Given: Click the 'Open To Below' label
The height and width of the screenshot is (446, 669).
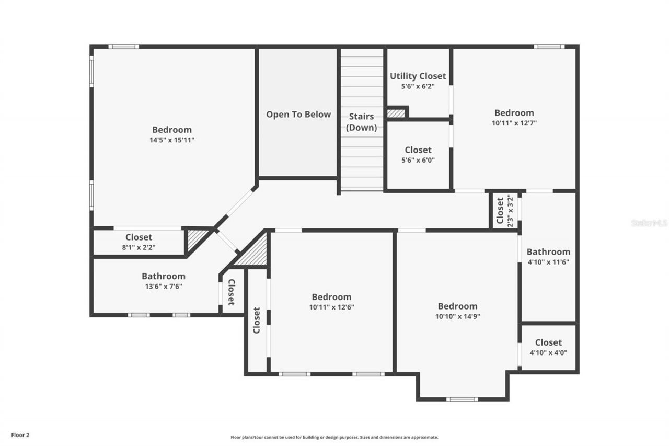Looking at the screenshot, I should (x=298, y=115).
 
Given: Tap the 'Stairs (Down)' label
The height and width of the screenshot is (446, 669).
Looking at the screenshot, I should (x=362, y=122).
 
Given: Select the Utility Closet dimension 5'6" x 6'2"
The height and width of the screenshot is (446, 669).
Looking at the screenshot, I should (x=418, y=86).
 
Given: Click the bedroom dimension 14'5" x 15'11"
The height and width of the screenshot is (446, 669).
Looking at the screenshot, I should (x=172, y=140).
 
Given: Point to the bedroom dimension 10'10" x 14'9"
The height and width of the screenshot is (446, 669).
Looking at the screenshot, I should (x=457, y=316).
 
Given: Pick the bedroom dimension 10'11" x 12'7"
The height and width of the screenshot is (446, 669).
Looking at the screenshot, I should (x=514, y=123).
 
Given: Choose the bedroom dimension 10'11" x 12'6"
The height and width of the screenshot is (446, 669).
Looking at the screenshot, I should (x=331, y=307).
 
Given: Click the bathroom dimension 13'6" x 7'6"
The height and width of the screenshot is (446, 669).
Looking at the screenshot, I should (x=164, y=286).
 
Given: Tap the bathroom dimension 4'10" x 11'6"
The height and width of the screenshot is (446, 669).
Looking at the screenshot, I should (x=548, y=262).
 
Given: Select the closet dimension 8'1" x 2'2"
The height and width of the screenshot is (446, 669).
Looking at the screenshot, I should (x=139, y=247).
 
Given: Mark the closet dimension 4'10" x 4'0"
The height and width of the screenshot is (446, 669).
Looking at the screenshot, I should (x=548, y=352).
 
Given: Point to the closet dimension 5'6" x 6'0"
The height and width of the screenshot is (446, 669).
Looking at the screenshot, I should (x=418, y=161).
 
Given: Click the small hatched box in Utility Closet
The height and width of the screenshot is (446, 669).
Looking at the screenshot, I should (x=396, y=113).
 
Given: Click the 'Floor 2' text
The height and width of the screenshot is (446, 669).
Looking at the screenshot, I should (x=20, y=434).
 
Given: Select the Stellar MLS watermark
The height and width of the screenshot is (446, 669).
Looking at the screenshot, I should (x=649, y=223).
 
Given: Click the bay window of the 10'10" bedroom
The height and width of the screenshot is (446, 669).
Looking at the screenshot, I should (x=462, y=399).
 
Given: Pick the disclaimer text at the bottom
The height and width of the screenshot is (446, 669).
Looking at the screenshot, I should (x=334, y=437).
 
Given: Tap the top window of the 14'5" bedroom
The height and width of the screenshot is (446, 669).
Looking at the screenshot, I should (x=124, y=47).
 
